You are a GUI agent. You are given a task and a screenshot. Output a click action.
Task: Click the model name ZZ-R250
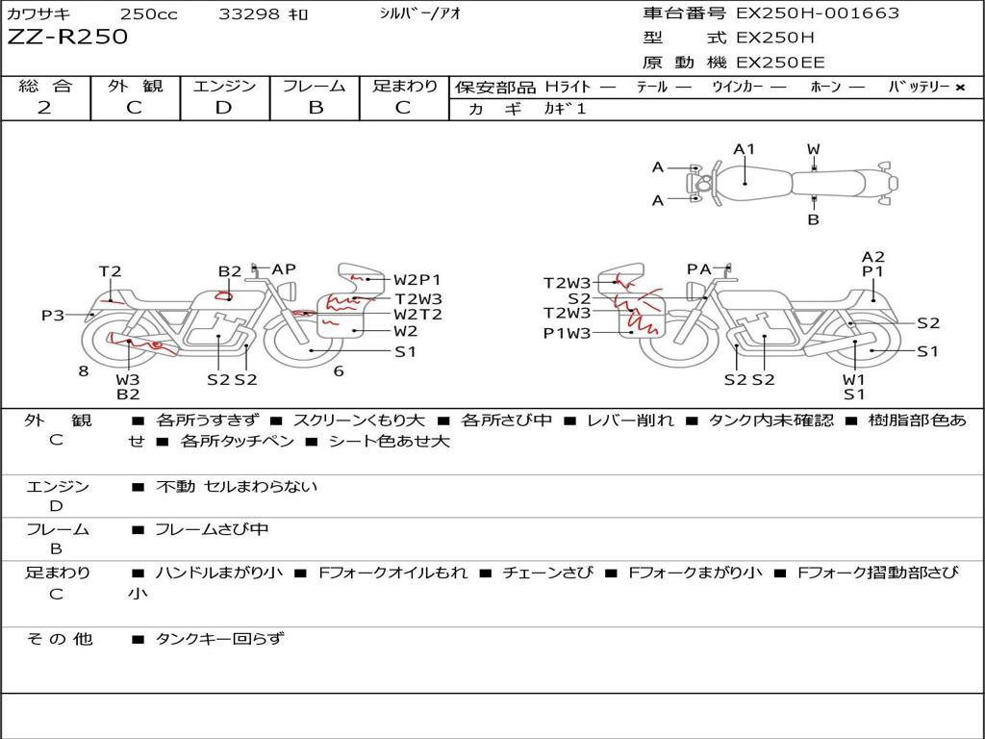point(67,37)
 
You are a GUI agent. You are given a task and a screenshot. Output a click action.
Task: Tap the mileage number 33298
point(248,13)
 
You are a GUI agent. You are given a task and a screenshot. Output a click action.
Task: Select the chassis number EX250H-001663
point(818,13)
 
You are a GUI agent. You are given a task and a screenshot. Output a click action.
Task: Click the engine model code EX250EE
point(780,63)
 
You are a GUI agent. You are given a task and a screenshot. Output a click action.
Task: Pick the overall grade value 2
point(44,108)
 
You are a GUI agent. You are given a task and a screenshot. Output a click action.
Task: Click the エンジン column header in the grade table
point(224,86)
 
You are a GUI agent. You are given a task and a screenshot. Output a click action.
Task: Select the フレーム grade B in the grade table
point(316,108)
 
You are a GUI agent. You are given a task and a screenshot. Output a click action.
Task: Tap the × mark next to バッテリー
point(960,88)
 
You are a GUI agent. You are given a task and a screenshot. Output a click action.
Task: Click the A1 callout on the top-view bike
point(744,149)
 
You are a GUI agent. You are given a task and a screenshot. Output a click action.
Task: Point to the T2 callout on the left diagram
point(110,271)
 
